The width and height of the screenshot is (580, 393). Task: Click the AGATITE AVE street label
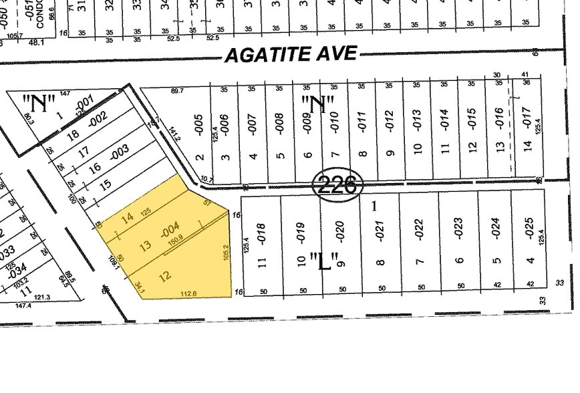(x=291, y=54)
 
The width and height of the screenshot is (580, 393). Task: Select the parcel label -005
(x=198, y=123)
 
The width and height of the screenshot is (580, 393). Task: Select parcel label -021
(x=380, y=231)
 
